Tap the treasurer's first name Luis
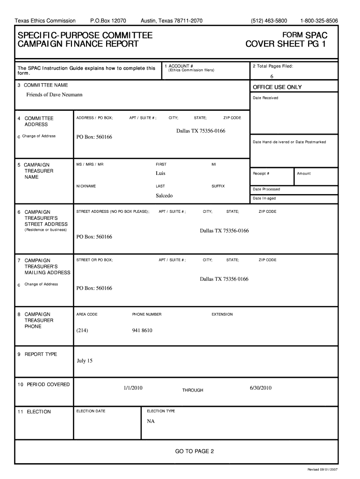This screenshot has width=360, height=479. pyautogui.click(x=160, y=173)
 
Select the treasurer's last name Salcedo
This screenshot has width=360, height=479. pyautogui.click(x=164, y=196)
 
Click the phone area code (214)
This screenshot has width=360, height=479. pyautogui.click(x=82, y=331)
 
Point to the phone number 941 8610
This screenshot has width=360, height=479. pyautogui.click(x=142, y=331)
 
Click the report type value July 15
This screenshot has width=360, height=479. pyautogui.click(x=85, y=361)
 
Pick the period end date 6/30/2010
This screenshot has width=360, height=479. pyautogui.click(x=260, y=388)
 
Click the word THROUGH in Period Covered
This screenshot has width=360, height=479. pyautogui.click(x=193, y=390)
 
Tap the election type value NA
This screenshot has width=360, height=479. pyautogui.click(x=151, y=421)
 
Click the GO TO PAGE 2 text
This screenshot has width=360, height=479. pyautogui.click(x=194, y=451)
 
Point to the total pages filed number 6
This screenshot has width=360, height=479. pyautogui.click(x=271, y=77)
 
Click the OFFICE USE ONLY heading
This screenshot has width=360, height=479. pyautogui.click(x=277, y=87)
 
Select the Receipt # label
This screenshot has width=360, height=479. pyautogui.click(x=261, y=174)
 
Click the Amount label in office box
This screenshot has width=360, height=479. pyautogui.click(x=303, y=174)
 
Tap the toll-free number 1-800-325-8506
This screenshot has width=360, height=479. pyautogui.click(x=319, y=21)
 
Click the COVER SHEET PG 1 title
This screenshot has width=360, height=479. pyautogui.click(x=287, y=44)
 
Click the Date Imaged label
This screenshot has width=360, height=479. pyautogui.click(x=264, y=198)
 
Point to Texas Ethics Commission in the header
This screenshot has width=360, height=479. pyautogui.click(x=45, y=21)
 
